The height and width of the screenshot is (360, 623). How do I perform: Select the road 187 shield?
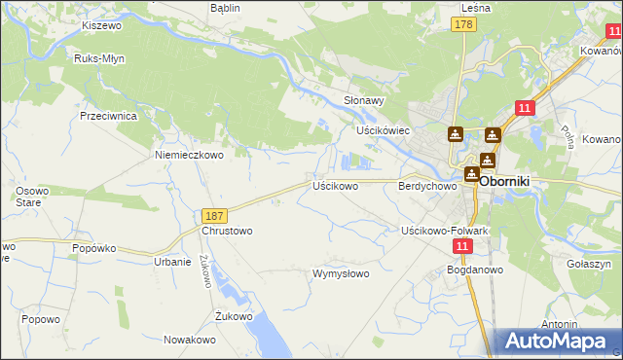(x=215, y=215)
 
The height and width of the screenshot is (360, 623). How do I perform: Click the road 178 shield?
(x=463, y=24)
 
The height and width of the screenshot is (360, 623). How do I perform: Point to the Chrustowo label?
(x=227, y=232)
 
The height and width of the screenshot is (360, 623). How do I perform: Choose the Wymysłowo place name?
(x=340, y=273)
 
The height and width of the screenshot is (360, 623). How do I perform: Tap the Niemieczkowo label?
(x=190, y=154)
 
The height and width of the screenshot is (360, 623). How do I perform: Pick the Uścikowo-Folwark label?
(x=444, y=231)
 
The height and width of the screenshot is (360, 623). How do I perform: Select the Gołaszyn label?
(x=588, y=264)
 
